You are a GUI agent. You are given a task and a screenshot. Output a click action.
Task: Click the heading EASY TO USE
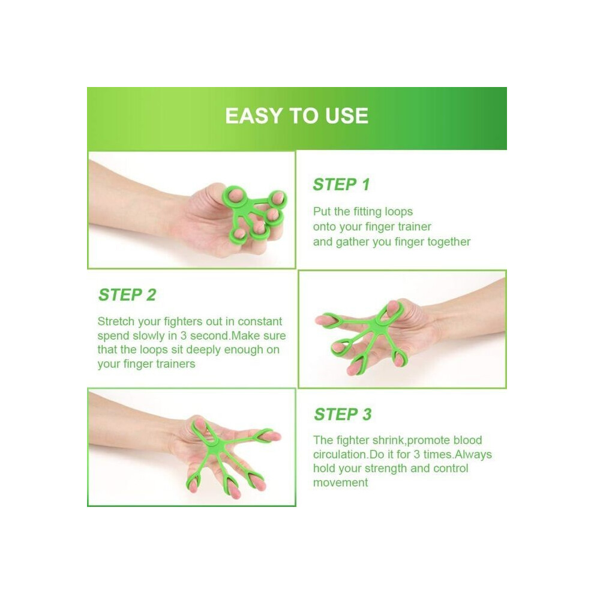(296, 116)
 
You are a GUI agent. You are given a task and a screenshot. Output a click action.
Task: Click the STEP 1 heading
(341, 184)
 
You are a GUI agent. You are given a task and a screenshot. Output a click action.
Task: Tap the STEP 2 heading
(127, 295)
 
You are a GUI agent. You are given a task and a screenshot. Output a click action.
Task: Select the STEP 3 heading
(343, 414)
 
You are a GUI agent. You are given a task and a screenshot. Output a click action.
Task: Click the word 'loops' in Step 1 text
(398, 211)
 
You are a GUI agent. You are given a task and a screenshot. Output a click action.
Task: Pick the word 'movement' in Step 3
(341, 482)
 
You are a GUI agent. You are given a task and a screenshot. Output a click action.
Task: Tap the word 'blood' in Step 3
(467, 440)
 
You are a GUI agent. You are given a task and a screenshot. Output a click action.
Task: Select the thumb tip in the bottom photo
(199, 422)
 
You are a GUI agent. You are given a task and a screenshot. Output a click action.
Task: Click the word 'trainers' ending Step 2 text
(176, 364)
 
